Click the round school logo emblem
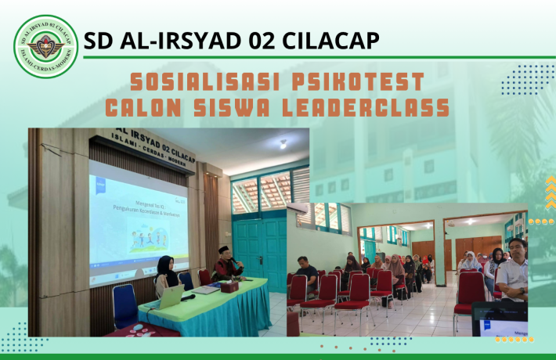(46, 46)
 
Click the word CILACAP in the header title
(330, 40)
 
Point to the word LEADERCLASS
(368, 107)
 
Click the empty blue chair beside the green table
(125, 305)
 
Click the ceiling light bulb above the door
(283, 144)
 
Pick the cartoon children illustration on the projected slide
(149, 234)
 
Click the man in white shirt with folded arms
(514, 270)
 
